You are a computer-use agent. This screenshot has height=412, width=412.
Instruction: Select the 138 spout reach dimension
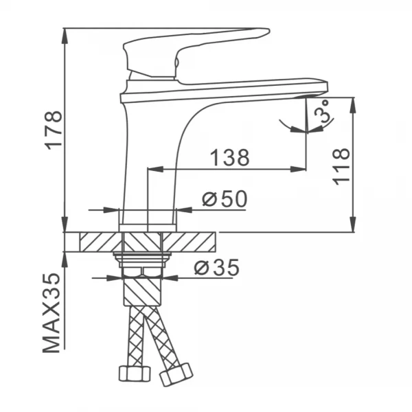pos(229,158)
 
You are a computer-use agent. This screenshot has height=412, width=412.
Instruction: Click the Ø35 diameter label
pos(216,268)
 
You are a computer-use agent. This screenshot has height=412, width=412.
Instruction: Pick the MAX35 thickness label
pos(52,312)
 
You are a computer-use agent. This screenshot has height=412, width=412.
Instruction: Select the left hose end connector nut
pos(134,373)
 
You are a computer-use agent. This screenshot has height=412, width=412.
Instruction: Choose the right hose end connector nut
pos(175,375)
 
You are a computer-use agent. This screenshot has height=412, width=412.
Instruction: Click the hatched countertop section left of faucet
pos(100,242)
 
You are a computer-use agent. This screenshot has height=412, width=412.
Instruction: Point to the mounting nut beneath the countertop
pos(142,260)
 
